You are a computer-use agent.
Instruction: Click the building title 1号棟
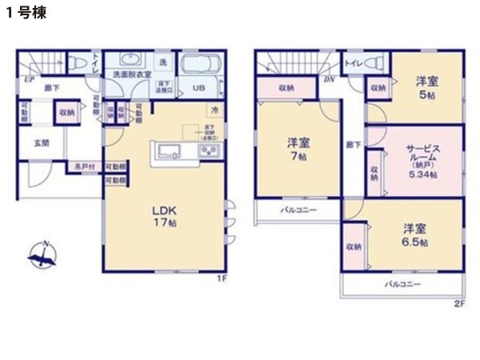pyautogui.click(x=23, y=15)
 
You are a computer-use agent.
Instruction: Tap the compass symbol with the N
pyautogui.click(x=42, y=256)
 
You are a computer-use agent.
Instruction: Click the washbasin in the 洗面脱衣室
pyautogui.click(x=127, y=61)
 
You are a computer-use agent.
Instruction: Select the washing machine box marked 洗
pyautogui.click(x=162, y=62)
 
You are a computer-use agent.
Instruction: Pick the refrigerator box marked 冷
pyautogui.click(x=214, y=110)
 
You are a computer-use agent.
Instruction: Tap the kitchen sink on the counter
pyautogui.click(x=170, y=151)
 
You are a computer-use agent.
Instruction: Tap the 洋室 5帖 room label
pyautogui.click(x=426, y=86)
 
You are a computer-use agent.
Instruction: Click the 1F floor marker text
pyautogui.click(x=224, y=277)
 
